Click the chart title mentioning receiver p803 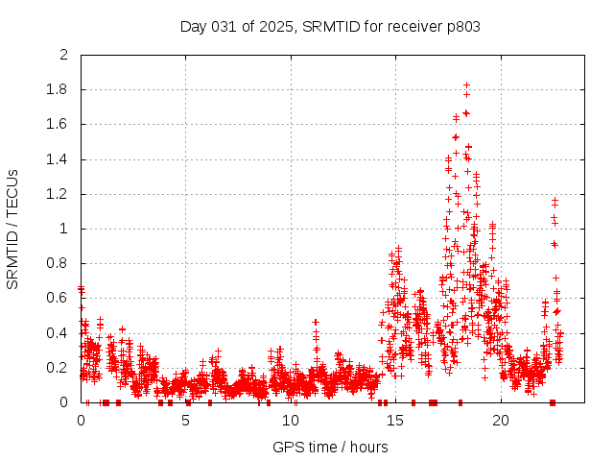point(330,26)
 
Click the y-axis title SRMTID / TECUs point(12,229)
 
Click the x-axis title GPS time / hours point(330,447)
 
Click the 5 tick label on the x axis point(186,420)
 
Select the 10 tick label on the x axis point(291,420)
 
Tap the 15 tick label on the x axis point(395,420)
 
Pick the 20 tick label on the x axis point(500,420)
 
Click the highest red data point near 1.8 point(466,85)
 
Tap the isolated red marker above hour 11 point(316,322)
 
